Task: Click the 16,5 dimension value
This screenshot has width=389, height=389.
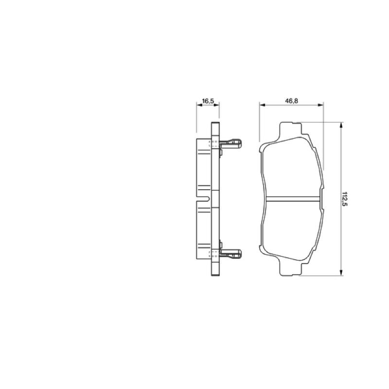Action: coord(208,101)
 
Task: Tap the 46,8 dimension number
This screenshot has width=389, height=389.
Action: coord(291,101)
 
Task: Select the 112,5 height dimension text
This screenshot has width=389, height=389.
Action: coord(345,199)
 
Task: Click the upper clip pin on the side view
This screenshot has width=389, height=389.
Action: coord(230,143)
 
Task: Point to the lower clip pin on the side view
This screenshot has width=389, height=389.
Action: coord(230,253)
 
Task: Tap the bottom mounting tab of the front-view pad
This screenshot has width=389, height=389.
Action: coord(291,267)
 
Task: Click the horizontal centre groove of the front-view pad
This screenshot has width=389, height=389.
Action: coord(293,199)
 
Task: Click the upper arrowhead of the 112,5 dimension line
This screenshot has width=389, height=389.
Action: coord(341,125)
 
